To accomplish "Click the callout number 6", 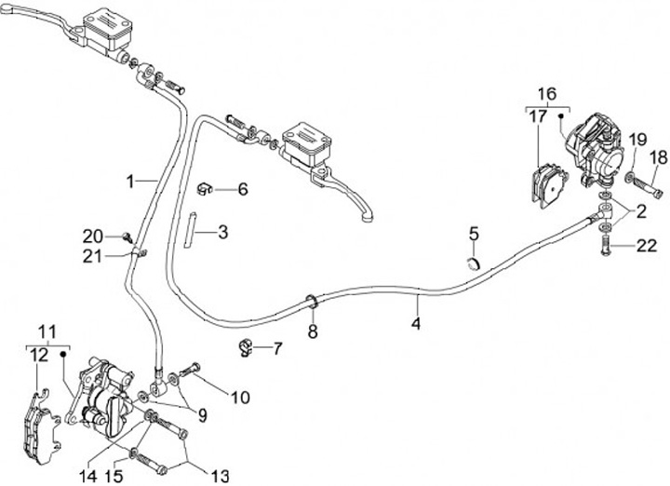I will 243,190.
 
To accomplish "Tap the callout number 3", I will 223,230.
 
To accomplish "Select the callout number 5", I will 473,233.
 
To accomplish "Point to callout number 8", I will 313,331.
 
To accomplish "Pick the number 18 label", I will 659,157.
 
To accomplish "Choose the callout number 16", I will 546,93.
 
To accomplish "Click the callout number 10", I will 240,398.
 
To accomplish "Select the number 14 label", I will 87,475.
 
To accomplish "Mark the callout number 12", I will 38,355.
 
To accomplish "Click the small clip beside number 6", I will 207,190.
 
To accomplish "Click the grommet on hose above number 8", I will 312,301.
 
